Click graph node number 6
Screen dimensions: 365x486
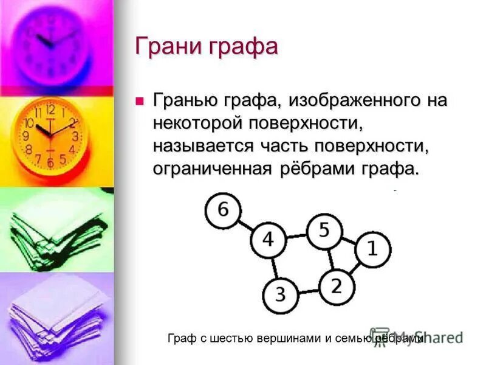[x=222, y=210]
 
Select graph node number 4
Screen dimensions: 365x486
[x=268, y=240]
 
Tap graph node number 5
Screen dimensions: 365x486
[x=324, y=231]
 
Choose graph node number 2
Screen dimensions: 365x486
[x=336, y=284]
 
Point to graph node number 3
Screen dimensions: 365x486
[x=279, y=295]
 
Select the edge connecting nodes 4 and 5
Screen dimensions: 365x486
[x=296, y=235]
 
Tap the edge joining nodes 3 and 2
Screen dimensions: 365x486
[x=308, y=290]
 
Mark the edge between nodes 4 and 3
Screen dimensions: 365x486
[x=273, y=268]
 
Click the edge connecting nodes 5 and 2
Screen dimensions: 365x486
[x=330, y=258]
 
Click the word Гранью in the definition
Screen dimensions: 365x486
[x=189, y=100]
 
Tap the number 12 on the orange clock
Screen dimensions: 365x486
[x=50, y=110]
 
